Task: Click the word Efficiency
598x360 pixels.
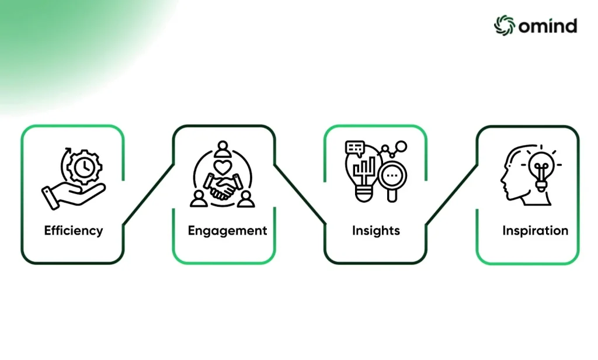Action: pos(74,231)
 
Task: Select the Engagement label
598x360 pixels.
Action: pos(227,231)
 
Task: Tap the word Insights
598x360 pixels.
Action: pos(376,231)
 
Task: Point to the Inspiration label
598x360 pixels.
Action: pos(535,231)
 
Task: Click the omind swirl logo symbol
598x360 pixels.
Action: pos(505,26)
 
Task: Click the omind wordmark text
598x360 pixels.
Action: pos(548,26)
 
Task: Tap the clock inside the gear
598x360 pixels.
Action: pos(85,167)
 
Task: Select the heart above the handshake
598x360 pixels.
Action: pos(222,167)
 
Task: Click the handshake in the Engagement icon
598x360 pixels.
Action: pos(222,186)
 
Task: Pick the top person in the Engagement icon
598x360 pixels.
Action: pos(222,149)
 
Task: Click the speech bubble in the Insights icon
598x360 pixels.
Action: pos(354,148)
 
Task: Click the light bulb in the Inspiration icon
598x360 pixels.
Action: pos(541,170)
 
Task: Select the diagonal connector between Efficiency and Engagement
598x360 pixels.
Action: pos(148,195)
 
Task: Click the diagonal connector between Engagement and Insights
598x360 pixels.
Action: pos(300,194)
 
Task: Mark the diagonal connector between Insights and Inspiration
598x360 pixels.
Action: pos(452,195)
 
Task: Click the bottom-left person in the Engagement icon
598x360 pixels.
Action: pos(199,199)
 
